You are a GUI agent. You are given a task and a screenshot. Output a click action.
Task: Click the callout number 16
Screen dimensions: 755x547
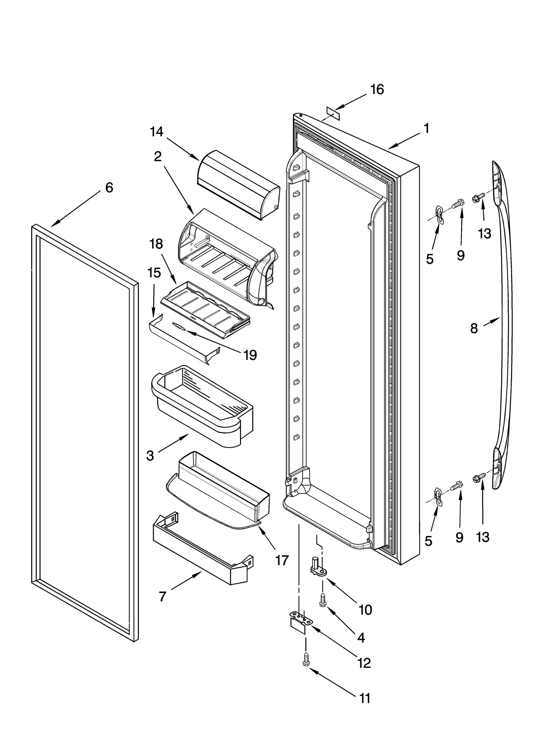(377, 90)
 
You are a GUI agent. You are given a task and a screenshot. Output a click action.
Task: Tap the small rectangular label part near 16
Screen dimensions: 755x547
(333, 113)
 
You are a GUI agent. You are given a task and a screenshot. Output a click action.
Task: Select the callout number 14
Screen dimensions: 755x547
(157, 132)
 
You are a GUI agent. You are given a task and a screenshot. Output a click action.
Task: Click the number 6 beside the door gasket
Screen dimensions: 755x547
(109, 188)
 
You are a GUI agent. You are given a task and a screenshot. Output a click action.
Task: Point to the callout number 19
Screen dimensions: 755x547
(250, 355)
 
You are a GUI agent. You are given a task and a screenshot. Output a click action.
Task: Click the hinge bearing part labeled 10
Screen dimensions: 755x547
(316, 566)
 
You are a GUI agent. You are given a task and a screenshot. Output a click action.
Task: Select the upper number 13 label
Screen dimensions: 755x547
(484, 234)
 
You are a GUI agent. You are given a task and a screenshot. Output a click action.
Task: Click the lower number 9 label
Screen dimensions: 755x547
(459, 538)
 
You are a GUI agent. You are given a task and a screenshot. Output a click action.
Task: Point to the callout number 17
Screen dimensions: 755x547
(282, 560)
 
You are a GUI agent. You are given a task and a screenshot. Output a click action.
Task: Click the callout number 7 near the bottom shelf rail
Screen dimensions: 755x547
(162, 597)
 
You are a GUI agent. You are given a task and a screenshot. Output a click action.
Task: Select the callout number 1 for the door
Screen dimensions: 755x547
(426, 129)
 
